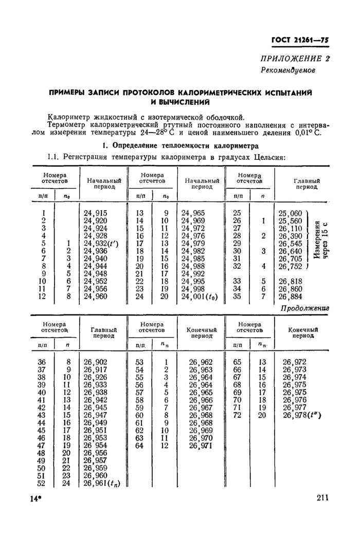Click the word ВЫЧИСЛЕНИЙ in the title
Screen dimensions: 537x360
click(180, 102)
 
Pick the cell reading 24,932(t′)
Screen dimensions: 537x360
click(101, 243)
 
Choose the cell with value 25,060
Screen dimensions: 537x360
click(290, 213)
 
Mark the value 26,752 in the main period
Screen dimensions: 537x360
click(290, 266)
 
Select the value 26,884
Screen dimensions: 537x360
click(290, 297)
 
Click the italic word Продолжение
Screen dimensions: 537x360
click(304, 308)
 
